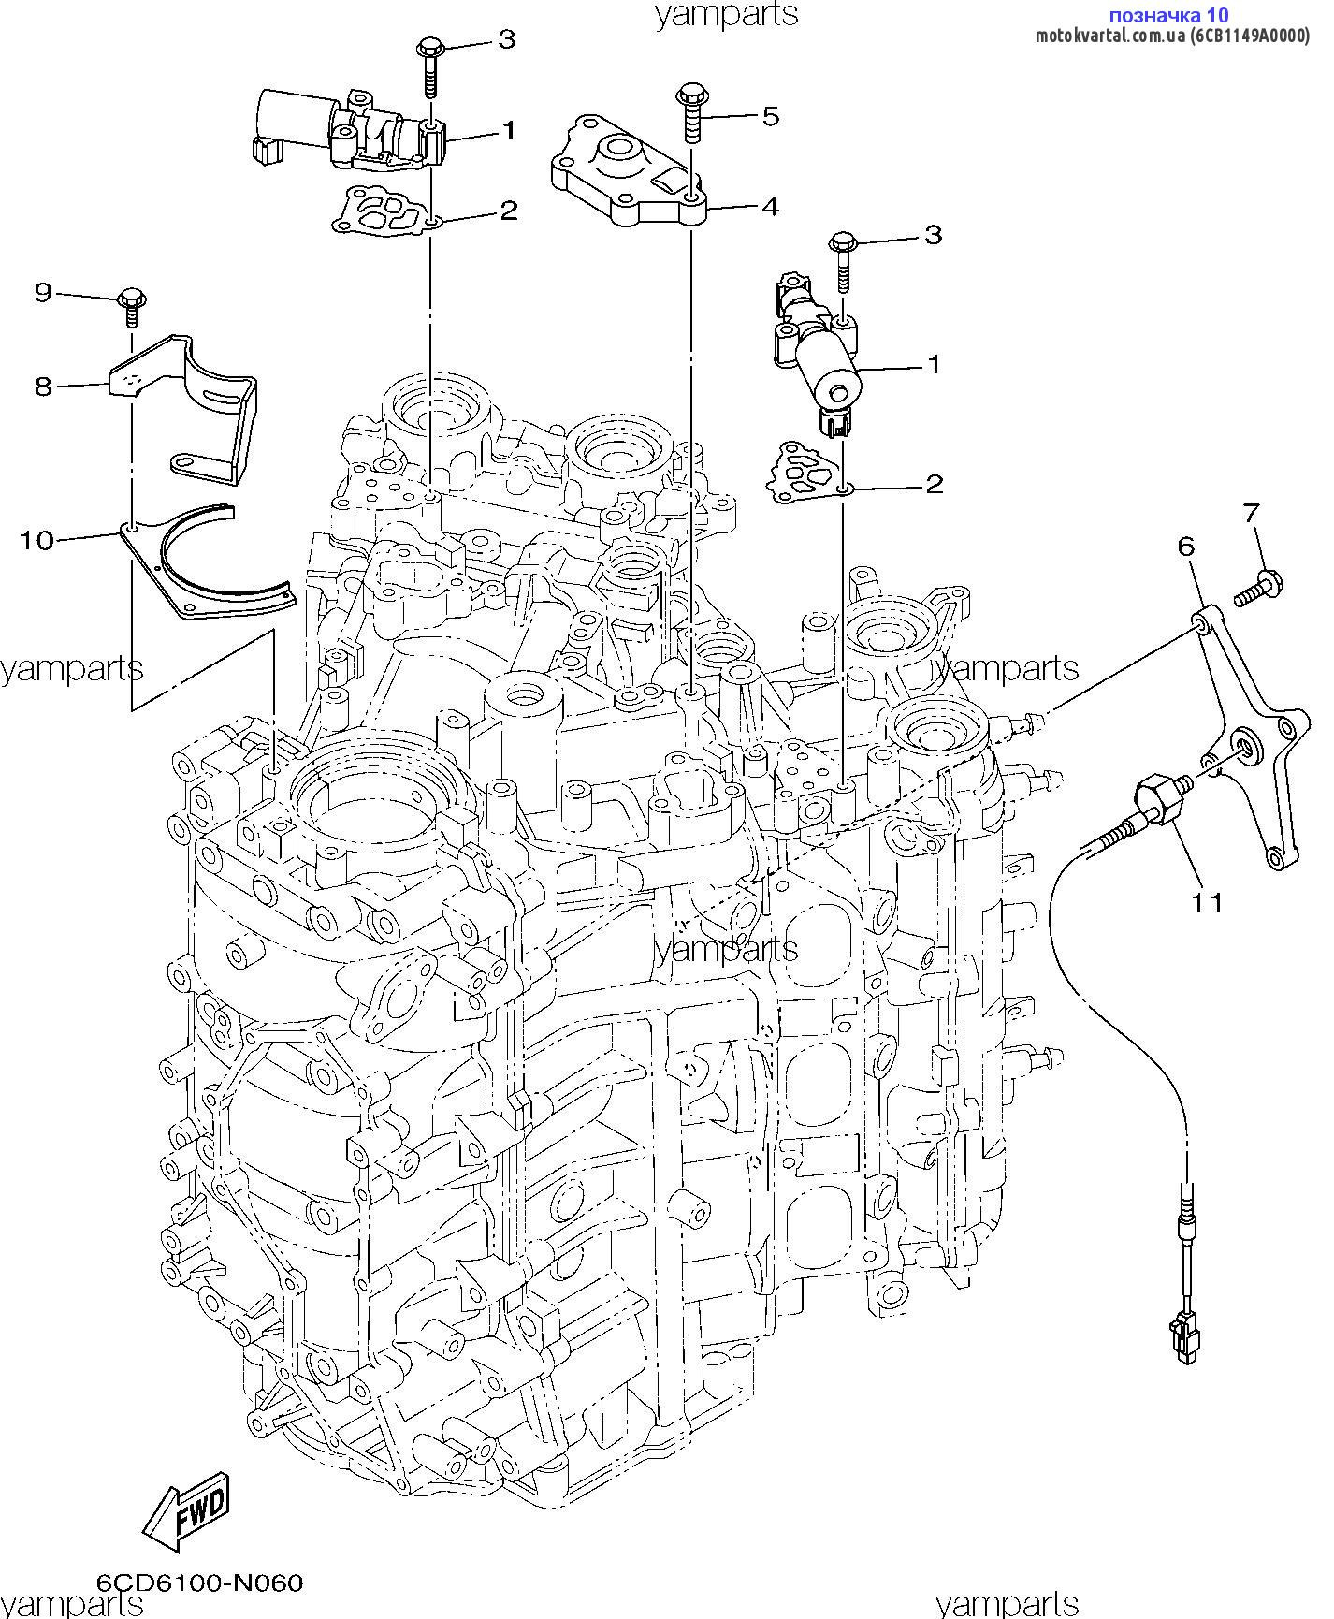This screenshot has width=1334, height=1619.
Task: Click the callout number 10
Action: tap(36, 540)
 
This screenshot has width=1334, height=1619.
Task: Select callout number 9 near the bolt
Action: tap(43, 293)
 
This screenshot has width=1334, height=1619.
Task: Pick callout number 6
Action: tap(1185, 546)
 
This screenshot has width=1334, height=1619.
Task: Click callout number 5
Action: tap(769, 116)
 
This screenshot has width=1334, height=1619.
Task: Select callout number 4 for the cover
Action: tap(769, 206)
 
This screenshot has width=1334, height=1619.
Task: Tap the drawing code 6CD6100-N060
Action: tap(200, 1583)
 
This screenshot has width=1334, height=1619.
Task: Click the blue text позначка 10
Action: tap(1168, 15)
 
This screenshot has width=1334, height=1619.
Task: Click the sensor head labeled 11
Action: tap(1156, 801)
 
